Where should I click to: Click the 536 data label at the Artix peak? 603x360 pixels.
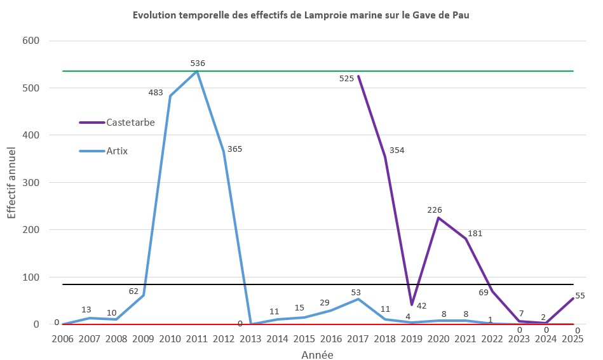coord(198,63)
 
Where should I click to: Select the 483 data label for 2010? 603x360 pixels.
coord(156,93)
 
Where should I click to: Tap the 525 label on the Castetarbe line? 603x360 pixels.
coord(346,79)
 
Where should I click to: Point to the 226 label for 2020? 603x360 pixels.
coord(435,210)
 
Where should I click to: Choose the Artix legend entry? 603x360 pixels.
coord(118,151)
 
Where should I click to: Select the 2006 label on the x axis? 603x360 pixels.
coord(62,340)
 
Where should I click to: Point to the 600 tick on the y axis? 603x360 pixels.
coord(31,41)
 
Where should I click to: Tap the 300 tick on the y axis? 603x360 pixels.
coord(31,183)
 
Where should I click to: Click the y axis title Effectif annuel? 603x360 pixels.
coord(12,182)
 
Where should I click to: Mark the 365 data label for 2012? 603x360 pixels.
coord(234,149)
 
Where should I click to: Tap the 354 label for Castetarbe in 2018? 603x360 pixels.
coord(396,150)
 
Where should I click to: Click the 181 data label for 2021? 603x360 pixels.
coord(475,234)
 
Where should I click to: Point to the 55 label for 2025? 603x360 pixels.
coord(579,296)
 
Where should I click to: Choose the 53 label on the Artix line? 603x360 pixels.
coord(356,291)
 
